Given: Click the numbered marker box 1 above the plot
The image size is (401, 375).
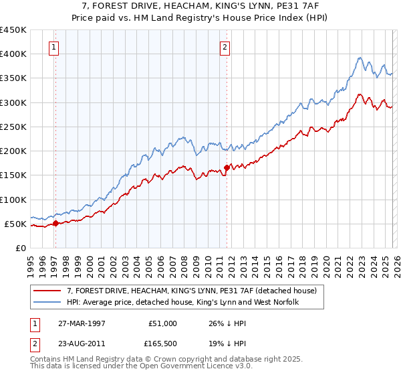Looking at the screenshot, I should tap(54, 47).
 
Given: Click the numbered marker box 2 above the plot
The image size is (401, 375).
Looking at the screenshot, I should tap(225, 47).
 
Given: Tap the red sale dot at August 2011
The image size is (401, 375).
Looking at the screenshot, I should tap(227, 167).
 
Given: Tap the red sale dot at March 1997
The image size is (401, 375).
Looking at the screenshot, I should tap(56, 224).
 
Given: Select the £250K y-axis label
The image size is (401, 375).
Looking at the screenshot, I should tap(13, 127).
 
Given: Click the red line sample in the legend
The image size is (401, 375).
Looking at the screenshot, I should tap(48, 291).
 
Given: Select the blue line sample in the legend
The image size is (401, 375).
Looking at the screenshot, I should tap(48, 302).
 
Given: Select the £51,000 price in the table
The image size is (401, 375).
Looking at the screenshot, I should tap(162, 323).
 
